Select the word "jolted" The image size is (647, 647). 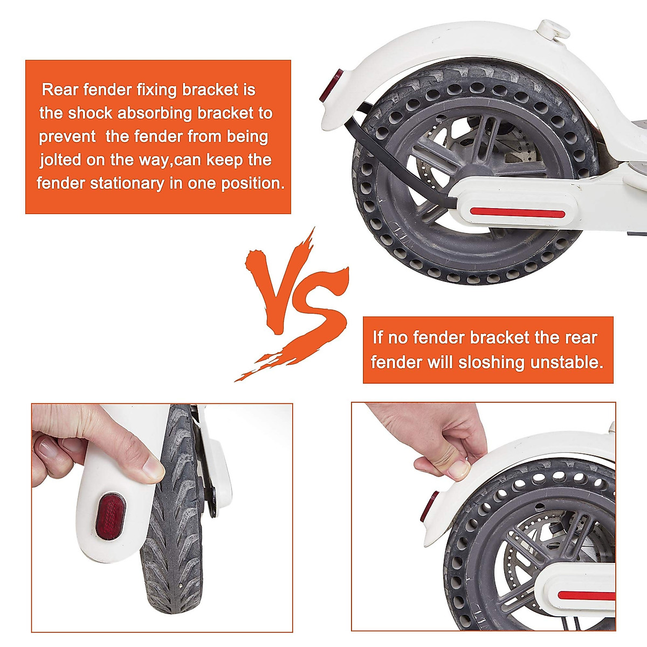pos(60,160)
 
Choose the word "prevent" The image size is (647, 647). pos(67,136)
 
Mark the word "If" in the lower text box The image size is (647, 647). pos(377,338)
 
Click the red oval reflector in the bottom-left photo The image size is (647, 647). pos(110,516)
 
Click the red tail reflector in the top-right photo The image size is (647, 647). pos(328,86)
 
